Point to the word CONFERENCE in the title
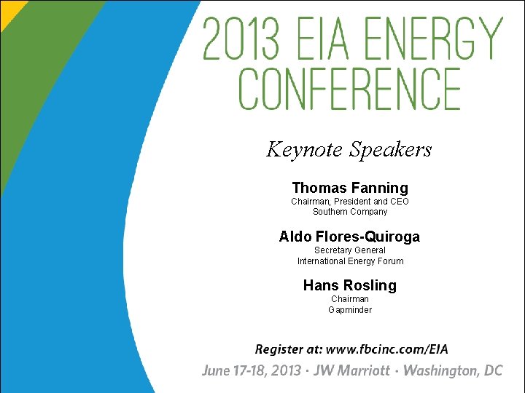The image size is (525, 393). (x=350, y=89)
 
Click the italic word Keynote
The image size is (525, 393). (x=305, y=150)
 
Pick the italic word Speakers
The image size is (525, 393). (x=391, y=150)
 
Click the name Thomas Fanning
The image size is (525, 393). (x=350, y=188)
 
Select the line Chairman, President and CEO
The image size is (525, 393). (x=350, y=201)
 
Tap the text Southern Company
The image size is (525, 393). (x=350, y=212)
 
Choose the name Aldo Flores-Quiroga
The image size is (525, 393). (x=349, y=237)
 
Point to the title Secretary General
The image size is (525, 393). (x=350, y=250)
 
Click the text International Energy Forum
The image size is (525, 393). (x=350, y=261)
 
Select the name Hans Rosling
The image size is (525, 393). (x=350, y=285)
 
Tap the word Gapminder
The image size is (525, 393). (x=350, y=309)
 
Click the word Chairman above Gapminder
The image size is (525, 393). (x=350, y=298)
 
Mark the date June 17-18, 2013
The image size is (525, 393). (x=252, y=370)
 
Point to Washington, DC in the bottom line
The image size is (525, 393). (x=453, y=370)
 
